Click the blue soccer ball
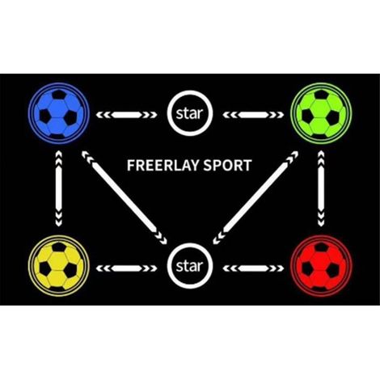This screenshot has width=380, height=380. [59, 113]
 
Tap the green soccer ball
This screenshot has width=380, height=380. [321, 113]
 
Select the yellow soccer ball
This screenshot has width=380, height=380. [59, 266]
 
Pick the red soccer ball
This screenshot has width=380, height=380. [321, 266]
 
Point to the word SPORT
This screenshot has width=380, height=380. [228, 165]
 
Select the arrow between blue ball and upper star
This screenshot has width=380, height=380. [126, 115]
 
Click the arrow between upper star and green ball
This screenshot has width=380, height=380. [253, 115]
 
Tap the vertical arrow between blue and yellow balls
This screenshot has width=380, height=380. [59, 188]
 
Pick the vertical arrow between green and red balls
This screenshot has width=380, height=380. [321, 188]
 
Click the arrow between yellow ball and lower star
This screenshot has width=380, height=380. [126, 268]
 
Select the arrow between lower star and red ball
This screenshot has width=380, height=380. [253, 268]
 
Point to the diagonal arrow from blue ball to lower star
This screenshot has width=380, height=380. [125, 197]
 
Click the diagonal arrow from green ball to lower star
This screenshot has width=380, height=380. [255, 197]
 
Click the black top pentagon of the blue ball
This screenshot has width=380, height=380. [59, 95]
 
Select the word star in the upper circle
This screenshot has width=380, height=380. [189, 114]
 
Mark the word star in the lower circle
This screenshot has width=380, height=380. [189, 266]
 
